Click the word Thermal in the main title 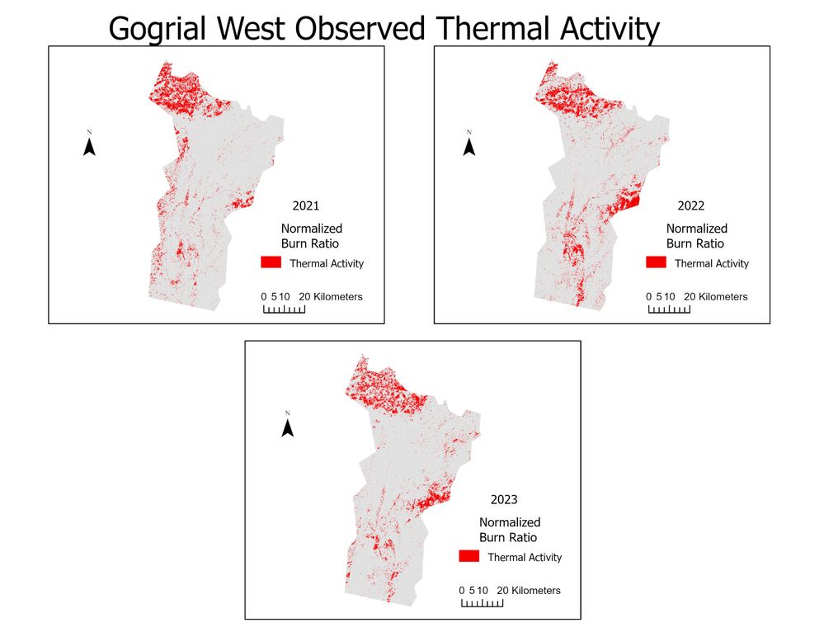tap(491, 29)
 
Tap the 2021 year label tap(305, 206)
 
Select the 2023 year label tap(504, 500)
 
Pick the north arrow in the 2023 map tap(288, 427)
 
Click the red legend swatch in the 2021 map tap(271, 262)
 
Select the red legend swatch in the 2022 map tap(656, 262)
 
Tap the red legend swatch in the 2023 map tap(469, 556)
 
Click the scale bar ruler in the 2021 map tap(284, 309)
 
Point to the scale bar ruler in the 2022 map tap(669, 309)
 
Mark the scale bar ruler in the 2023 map tap(482, 603)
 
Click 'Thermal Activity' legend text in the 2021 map tap(327, 264)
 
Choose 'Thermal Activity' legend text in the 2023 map tap(525, 558)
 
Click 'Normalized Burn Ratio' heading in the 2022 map tap(697, 236)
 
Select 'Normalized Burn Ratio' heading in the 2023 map tap(510, 530)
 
